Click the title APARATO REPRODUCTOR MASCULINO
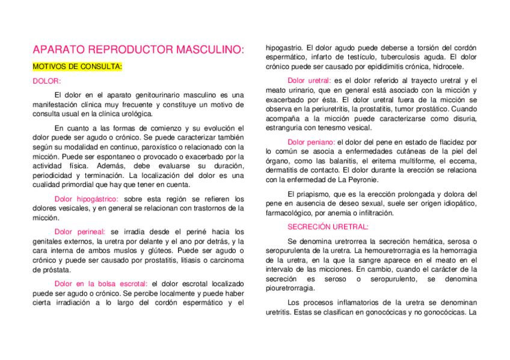(x=138, y=50)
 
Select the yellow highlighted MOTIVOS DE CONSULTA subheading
(x=77, y=66)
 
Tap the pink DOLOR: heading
(x=47, y=81)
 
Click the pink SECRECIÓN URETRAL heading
(x=328, y=227)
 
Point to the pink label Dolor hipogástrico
(x=86, y=199)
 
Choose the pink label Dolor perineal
(x=79, y=231)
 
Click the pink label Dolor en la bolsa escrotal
(x=101, y=283)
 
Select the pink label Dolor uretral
(x=309, y=81)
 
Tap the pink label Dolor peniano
(x=311, y=142)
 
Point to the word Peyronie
(x=363, y=179)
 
